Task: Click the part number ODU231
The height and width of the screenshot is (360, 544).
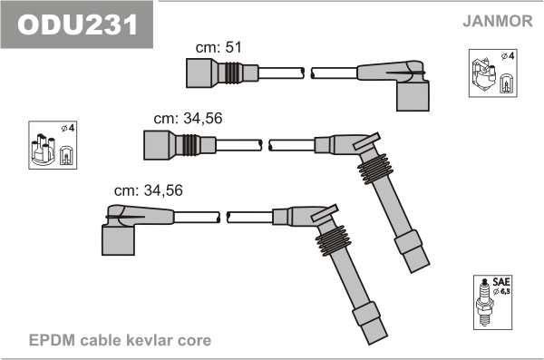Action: coord(78,24)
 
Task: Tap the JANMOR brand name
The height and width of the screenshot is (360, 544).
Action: coord(498,21)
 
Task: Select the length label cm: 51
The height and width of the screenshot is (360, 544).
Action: coord(219,47)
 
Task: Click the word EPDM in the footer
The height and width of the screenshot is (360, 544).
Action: coord(52,340)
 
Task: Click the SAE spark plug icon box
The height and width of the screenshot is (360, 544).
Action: coord(492,302)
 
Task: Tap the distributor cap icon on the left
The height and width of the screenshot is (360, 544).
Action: coord(53,145)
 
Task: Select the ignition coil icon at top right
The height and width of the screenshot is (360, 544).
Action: coord(492,73)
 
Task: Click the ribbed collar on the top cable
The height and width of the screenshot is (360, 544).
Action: coord(232,73)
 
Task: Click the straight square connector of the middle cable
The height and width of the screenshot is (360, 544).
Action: coord(157,145)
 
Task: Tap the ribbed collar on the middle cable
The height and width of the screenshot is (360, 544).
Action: coord(190,145)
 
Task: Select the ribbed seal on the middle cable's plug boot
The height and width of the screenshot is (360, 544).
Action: coord(375,169)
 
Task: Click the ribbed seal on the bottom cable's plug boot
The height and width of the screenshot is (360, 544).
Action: coord(334,241)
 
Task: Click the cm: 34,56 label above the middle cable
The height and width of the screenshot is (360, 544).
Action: coord(188,119)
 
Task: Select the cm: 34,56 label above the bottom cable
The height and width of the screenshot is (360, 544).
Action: coord(148,190)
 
